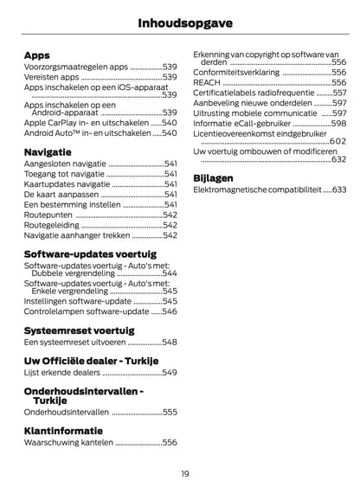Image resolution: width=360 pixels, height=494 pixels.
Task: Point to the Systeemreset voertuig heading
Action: pos(77,330)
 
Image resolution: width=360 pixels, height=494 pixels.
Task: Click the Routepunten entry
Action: pos(47,214)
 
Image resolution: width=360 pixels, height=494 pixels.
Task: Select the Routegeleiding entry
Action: pos(51,224)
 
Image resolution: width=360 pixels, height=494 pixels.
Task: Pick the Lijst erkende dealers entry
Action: pos(61,372)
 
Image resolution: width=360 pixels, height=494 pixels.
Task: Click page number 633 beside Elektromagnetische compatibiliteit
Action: pos(338,189)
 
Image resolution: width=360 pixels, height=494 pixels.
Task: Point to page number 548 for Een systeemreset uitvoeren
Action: pos(170,342)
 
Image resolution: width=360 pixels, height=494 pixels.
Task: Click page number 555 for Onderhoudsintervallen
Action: pos(170,413)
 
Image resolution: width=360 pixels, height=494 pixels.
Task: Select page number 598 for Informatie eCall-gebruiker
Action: pos(338,124)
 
